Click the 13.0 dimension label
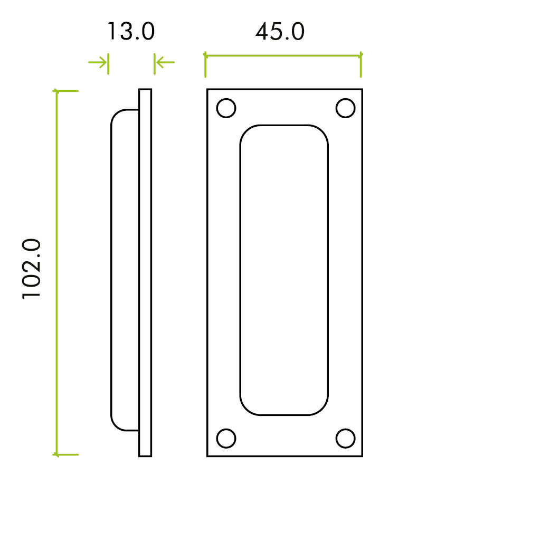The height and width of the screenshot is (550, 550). pos(130,32)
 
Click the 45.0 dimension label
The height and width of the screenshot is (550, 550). pos(280,32)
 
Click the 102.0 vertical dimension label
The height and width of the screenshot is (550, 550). pos(32,269)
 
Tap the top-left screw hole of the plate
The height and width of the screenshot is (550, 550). pos(226,108)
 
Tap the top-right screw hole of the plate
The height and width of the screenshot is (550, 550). pos(345,108)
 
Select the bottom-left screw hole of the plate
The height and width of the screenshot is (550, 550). pos(226,438)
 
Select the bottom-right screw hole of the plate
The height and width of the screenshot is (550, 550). pos(345,438)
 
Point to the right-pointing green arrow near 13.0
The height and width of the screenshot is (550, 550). pos(98,63)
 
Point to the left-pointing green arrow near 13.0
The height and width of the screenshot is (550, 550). pos(165,63)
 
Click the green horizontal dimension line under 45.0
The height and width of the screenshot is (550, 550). pos(283,55)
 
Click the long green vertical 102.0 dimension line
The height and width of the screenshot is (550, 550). pos(56,272)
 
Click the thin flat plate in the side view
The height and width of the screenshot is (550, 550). pos(145,272)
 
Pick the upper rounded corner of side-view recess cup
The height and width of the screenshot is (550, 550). pos(118,116)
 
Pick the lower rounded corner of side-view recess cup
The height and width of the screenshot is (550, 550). pos(118,424)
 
